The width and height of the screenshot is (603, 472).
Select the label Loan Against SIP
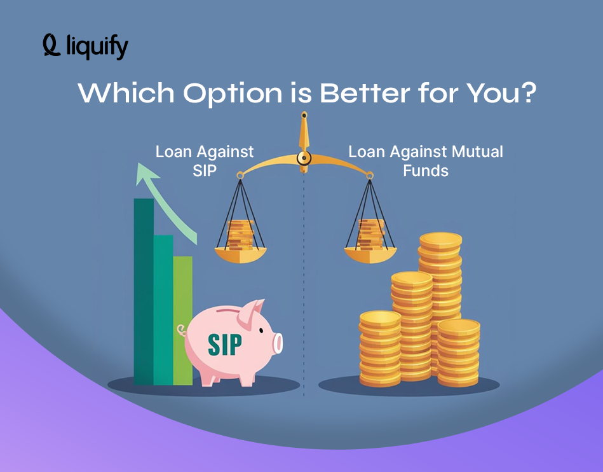pos(205,161)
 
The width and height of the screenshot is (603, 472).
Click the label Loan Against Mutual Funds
pos(425,161)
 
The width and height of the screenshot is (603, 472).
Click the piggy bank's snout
pos(276,343)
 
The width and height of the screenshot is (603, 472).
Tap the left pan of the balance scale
pos(240,254)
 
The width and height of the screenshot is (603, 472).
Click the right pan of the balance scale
pos(370,254)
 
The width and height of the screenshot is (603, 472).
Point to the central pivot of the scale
pos(304,157)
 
